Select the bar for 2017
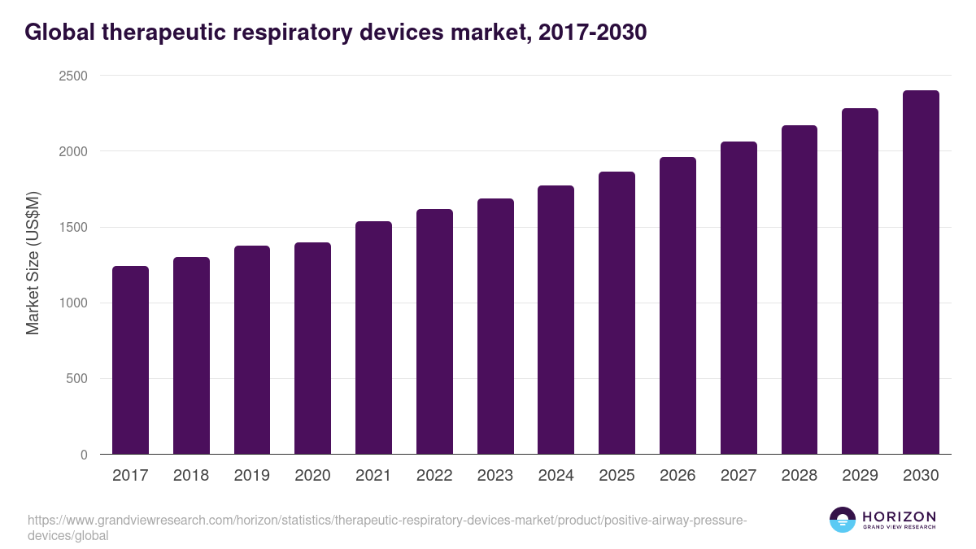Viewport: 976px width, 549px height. (x=130, y=360)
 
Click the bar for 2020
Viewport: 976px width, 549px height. (x=312, y=348)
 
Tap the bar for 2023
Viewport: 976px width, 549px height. (x=495, y=326)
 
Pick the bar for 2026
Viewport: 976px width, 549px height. (x=678, y=306)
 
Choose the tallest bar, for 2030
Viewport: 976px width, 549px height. (x=921, y=272)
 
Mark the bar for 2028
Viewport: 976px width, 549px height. (x=800, y=290)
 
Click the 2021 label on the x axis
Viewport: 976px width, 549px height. (x=373, y=476)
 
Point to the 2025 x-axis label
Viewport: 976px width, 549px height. (x=617, y=476)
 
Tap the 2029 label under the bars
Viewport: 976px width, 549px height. (x=860, y=476)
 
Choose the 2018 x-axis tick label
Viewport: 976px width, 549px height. (x=191, y=476)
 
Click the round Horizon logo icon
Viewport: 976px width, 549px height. (x=843, y=520)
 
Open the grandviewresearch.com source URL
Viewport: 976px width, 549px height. (x=386, y=521)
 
